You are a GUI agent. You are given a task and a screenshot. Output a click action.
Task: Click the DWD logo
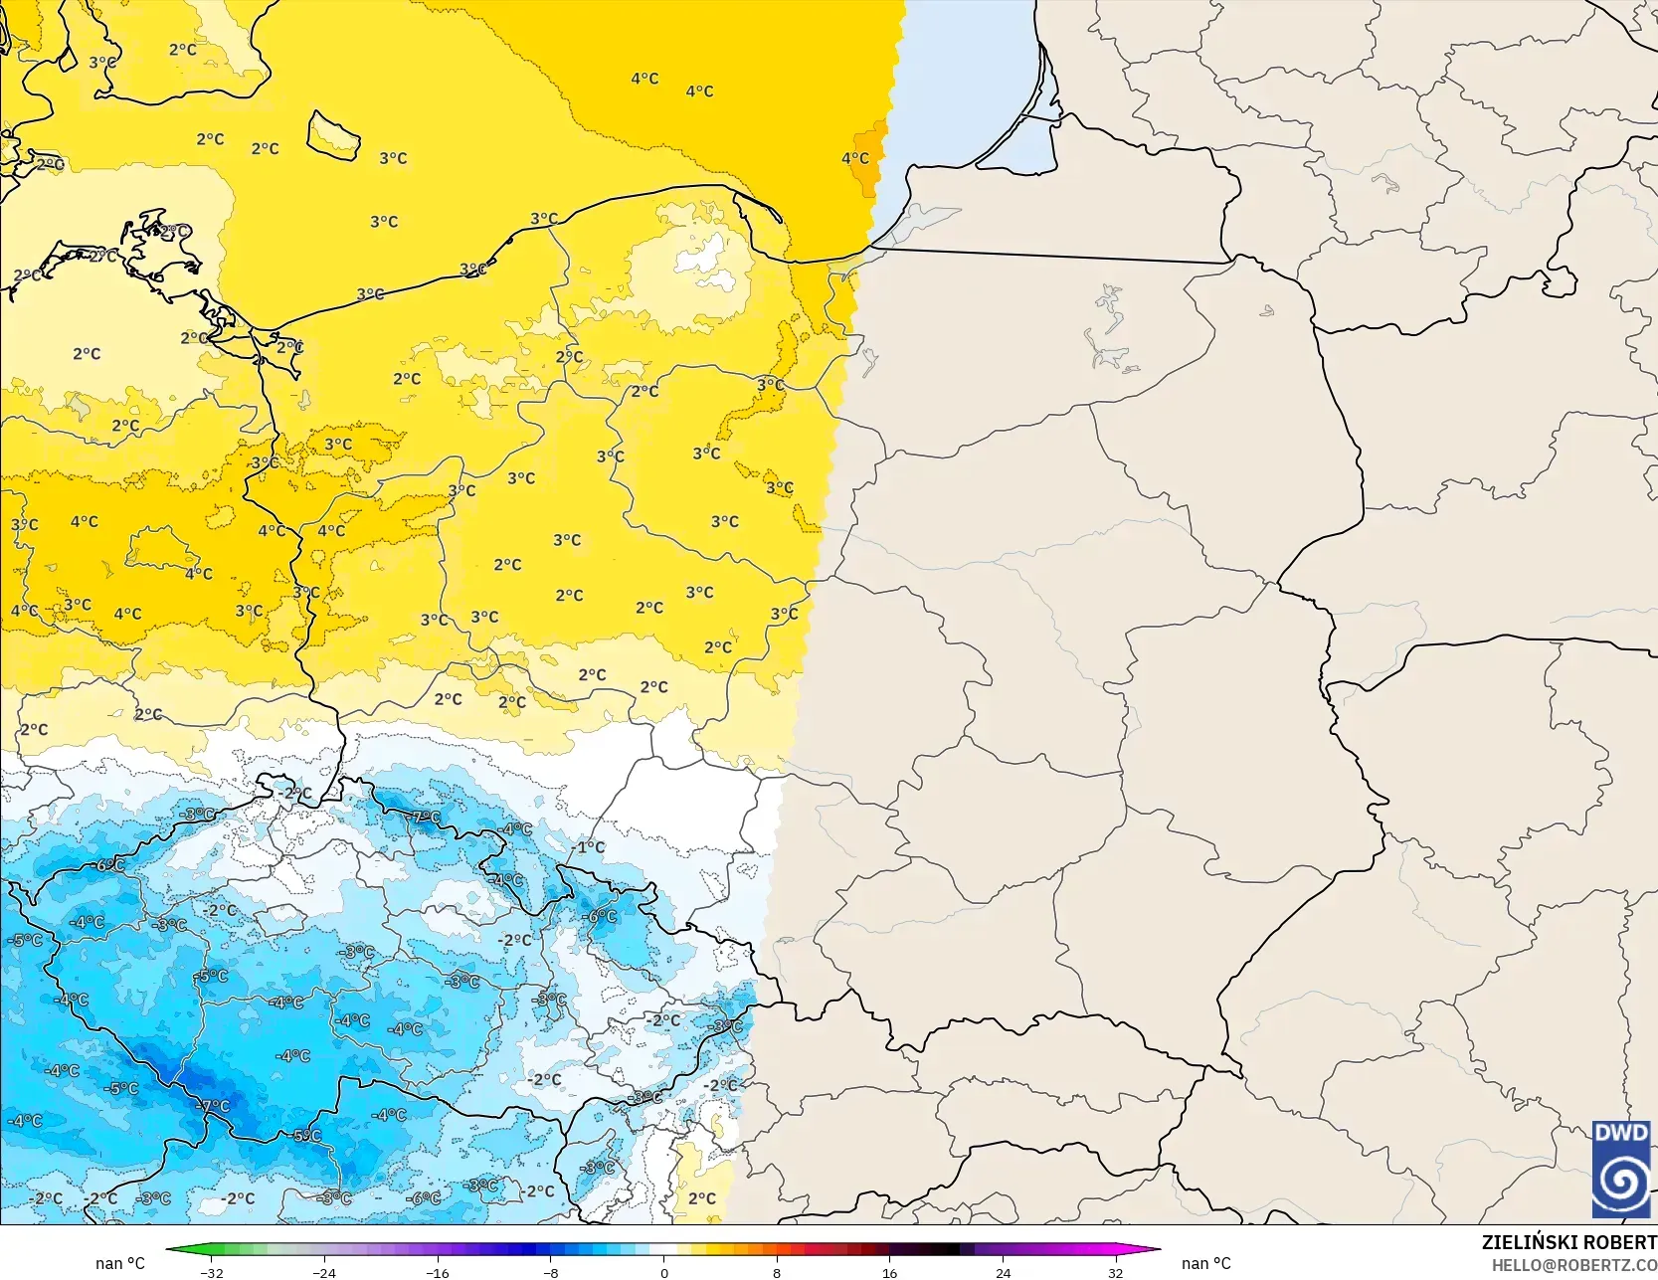tap(1620, 1170)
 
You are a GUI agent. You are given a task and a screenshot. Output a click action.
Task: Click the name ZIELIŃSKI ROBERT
tap(1568, 1242)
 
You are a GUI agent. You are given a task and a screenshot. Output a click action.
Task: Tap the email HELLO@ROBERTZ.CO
tap(1573, 1263)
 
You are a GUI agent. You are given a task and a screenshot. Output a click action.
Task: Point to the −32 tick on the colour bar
tap(211, 1272)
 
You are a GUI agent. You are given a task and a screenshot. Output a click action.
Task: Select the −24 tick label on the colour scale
tap(324, 1272)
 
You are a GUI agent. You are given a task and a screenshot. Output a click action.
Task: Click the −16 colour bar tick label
tap(438, 1272)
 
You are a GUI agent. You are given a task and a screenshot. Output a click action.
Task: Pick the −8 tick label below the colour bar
tap(551, 1272)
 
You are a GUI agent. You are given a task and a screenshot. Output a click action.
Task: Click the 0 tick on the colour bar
tap(664, 1272)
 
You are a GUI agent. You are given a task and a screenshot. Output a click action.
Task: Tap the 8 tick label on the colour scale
tap(777, 1272)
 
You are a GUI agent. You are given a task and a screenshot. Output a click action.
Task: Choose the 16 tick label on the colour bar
tap(890, 1272)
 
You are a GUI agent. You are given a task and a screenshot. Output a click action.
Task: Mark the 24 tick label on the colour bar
tap(1003, 1272)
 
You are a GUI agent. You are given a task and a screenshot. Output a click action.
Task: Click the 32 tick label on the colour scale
tap(1116, 1272)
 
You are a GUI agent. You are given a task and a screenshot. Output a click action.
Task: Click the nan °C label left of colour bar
tap(120, 1263)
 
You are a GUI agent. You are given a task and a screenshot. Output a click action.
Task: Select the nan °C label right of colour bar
tap(1205, 1263)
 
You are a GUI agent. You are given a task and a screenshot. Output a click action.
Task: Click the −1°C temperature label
tap(591, 847)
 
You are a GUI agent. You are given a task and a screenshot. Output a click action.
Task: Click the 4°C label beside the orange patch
tap(854, 158)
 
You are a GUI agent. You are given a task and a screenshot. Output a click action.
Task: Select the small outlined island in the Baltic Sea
tap(333, 134)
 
